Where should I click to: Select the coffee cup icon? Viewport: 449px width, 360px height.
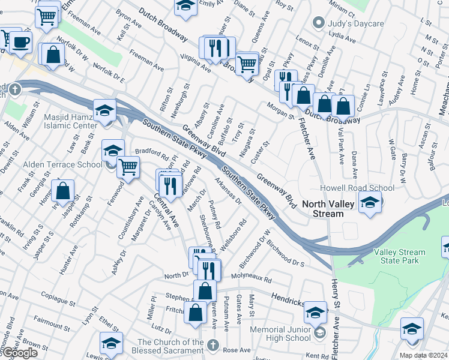coord(21,43)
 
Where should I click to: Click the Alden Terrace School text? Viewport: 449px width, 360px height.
coord(62,164)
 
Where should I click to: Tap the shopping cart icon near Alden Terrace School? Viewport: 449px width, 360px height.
coord(128,168)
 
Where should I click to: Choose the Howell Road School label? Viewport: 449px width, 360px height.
coord(357,188)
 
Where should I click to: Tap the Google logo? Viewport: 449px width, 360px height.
coord(20,353)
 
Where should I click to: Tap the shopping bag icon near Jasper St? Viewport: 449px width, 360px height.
coord(62,191)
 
